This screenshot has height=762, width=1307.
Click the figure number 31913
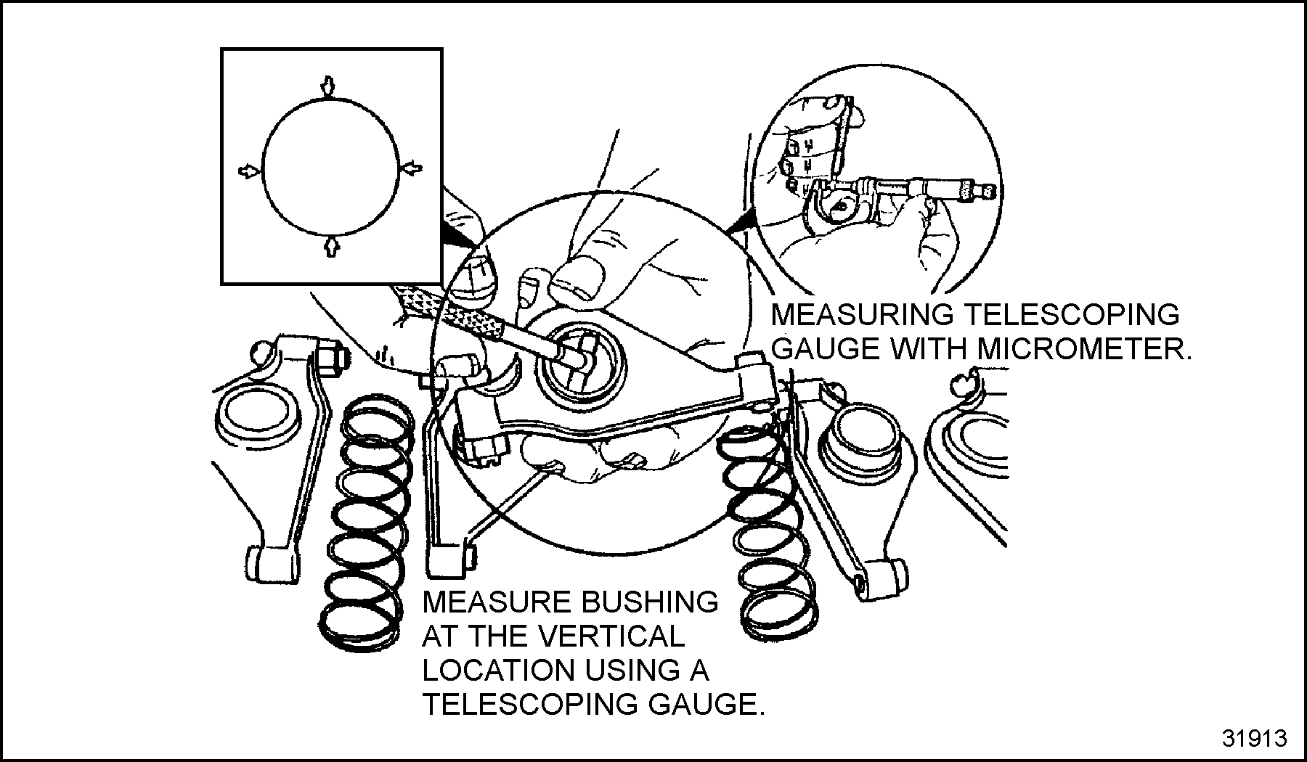(x=1254, y=738)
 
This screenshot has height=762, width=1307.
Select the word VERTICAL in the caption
(x=595, y=636)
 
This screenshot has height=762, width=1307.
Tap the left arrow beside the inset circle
(x=248, y=171)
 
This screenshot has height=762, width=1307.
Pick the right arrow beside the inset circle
(x=412, y=168)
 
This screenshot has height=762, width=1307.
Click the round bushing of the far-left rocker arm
(x=258, y=414)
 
